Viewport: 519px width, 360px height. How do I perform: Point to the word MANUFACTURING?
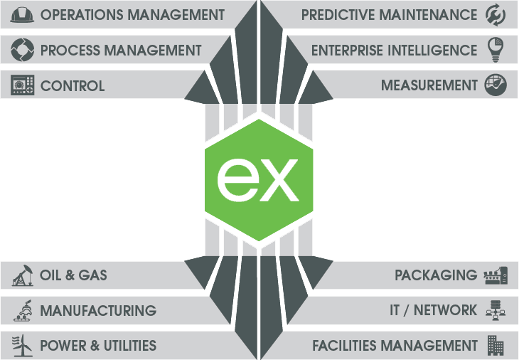tap(98, 310)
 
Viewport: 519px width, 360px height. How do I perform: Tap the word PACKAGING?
tap(436, 275)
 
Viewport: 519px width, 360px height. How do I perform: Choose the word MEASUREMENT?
tap(429, 85)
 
